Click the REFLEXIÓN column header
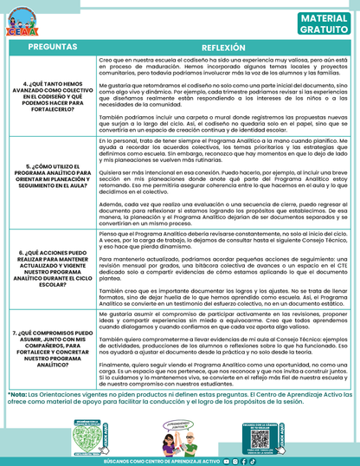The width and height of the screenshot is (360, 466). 224,46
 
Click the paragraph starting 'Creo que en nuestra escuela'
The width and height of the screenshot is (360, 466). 224,67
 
